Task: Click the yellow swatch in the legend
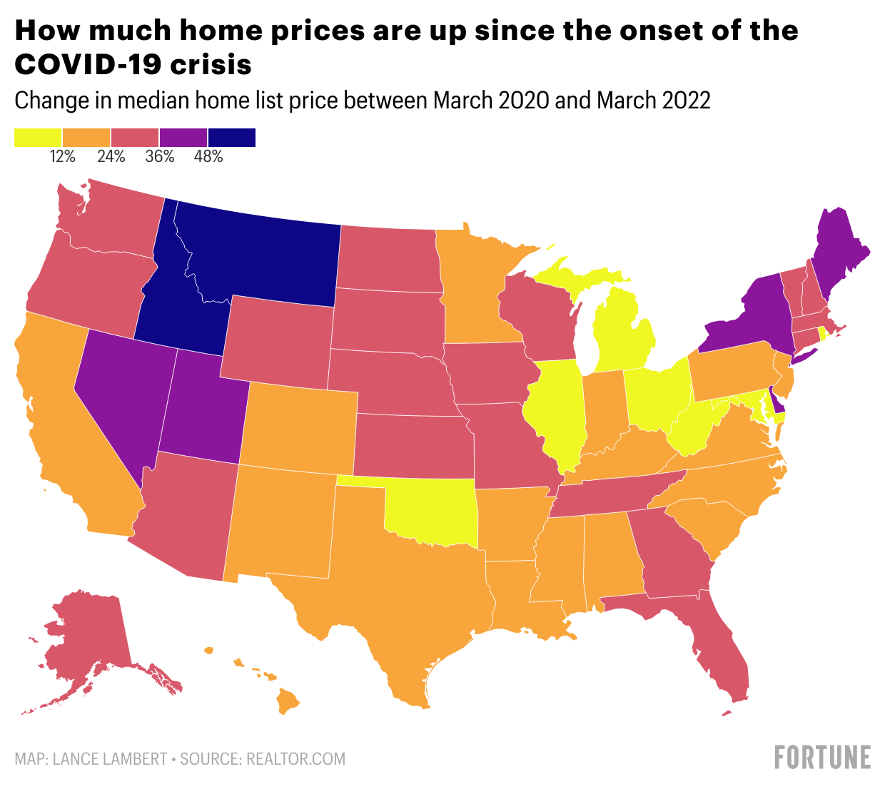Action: click(x=38, y=137)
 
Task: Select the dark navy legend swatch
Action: click(x=231, y=137)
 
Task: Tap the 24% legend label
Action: click(x=111, y=157)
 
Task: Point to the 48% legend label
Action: click(x=208, y=157)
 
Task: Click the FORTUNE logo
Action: click(x=823, y=758)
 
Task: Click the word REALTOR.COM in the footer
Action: click(x=295, y=759)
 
